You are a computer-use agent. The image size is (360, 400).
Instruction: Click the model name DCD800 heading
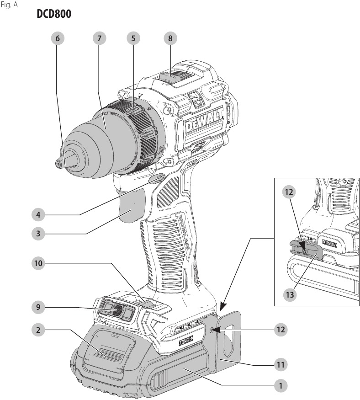coord(53,15)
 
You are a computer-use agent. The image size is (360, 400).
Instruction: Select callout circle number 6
coord(57,38)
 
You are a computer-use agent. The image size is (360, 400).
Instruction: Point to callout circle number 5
coord(133,38)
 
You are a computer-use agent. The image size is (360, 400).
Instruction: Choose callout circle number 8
coord(170,38)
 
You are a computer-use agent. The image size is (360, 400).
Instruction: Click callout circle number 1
coord(280,385)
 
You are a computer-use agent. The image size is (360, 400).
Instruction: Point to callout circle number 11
coord(280,364)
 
